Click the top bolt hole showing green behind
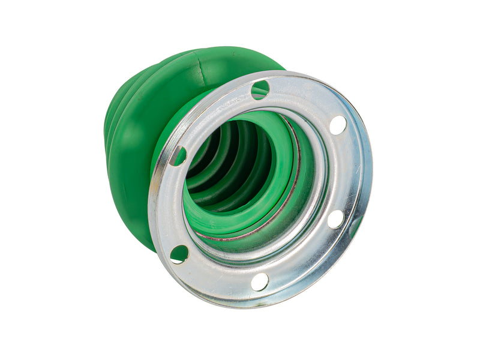tap(260, 90)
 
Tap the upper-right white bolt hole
tap(338, 125)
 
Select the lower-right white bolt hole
tap(336, 219)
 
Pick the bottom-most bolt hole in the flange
tap(259, 281)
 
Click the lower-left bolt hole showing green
tap(179, 254)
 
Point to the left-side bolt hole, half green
tap(178, 156)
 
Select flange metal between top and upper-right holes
tap(303, 96)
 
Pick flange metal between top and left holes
tap(207, 114)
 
